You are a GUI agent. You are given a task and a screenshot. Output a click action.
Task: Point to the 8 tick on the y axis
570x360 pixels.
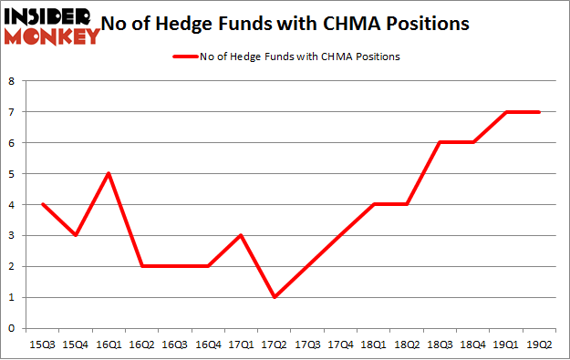(12, 81)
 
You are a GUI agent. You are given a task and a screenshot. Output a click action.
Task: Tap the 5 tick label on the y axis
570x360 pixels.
(12, 174)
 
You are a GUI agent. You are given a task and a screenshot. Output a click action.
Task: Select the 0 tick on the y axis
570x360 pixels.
(12, 328)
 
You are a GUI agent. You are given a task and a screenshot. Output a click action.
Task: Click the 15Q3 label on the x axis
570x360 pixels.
(42, 344)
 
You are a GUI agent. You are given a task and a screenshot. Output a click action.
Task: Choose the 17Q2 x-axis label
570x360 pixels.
(274, 344)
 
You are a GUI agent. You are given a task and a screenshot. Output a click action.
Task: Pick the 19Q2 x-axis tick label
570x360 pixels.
(539, 344)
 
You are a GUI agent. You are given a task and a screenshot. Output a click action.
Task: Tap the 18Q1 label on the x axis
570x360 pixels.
(373, 344)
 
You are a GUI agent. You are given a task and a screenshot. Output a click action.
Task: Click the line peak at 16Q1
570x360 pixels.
(109, 173)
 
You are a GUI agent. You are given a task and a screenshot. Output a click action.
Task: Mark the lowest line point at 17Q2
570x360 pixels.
(274, 297)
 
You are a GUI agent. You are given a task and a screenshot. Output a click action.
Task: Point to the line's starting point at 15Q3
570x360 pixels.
(42, 204)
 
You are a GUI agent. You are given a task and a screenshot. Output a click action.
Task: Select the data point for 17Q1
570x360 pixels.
(241, 235)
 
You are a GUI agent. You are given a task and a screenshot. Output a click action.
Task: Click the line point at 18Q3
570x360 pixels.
(440, 142)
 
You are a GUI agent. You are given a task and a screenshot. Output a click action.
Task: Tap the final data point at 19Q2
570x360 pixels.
(539, 112)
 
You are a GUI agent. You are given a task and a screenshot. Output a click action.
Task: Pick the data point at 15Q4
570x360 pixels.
(75, 235)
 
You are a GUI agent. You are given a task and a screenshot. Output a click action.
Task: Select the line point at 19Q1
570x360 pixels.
(506, 112)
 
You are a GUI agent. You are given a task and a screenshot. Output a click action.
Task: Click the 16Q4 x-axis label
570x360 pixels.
(208, 344)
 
